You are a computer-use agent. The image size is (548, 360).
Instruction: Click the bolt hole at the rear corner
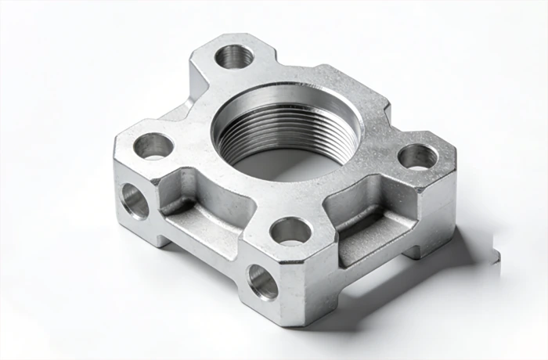[234, 56]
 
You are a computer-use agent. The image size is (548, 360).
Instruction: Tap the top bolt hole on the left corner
[153, 145]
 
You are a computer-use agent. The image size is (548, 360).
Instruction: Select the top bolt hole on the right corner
[418, 157]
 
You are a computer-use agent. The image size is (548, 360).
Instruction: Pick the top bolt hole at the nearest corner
[290, 230]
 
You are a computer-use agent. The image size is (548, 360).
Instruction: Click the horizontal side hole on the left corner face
[135, 201]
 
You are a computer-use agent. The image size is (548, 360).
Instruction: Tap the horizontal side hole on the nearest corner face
[262, 281]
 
